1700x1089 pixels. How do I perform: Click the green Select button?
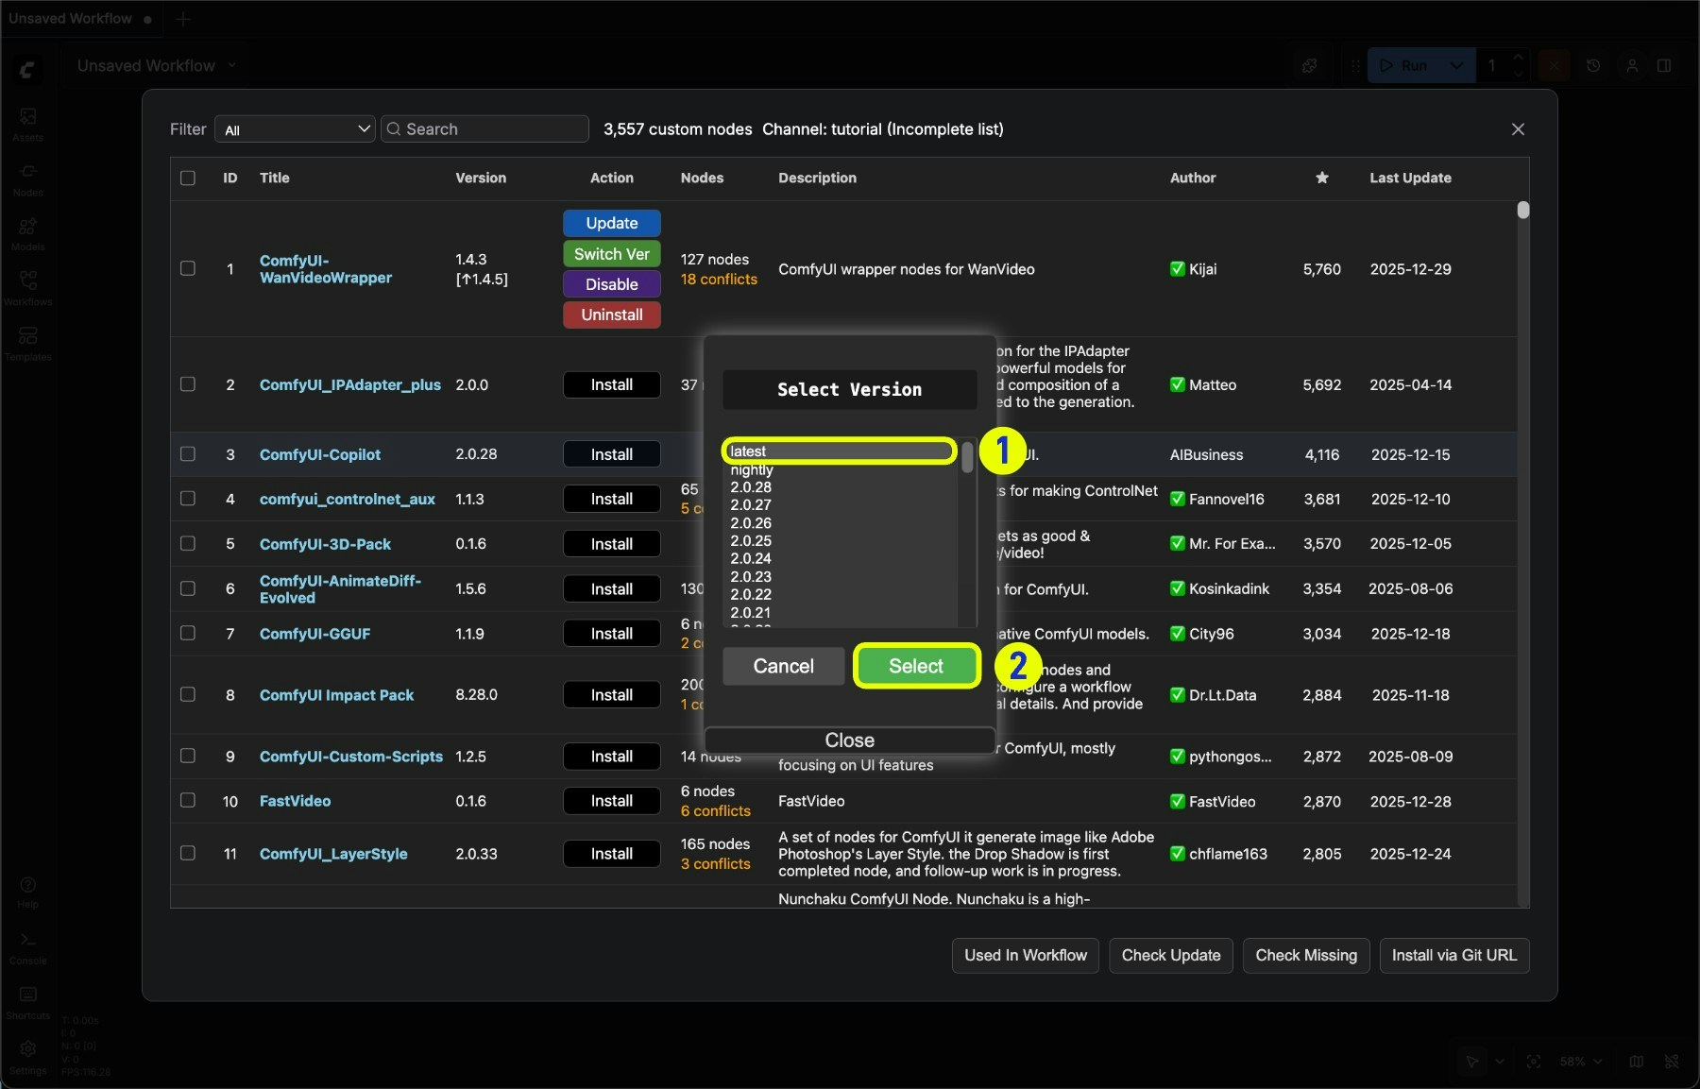coord(915,666)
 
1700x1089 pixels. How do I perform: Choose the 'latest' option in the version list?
coord(839,451)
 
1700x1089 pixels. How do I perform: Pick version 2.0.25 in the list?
coord(751,541)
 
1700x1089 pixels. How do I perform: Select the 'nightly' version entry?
coord(752,469)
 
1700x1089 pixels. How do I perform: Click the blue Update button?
coord(611,223)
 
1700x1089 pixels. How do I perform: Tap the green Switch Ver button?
coord(611,254)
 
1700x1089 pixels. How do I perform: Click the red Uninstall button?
coord(611,315)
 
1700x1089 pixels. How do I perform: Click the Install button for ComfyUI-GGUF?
coord(611,634)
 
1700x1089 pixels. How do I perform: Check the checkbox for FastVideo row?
coord(188,800)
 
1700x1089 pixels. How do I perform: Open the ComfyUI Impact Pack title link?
coord(336,695)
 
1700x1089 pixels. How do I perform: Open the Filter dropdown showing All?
coord(295,129)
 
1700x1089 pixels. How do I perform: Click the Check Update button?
coord(1170,955)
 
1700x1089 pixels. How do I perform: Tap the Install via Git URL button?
coord(1453,955)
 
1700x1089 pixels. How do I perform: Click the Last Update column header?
coord(1410,178)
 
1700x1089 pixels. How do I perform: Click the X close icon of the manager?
coord(1518,129)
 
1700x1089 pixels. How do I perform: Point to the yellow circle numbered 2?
coord(1018,666)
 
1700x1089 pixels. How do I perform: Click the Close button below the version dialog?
coord(849,740)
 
